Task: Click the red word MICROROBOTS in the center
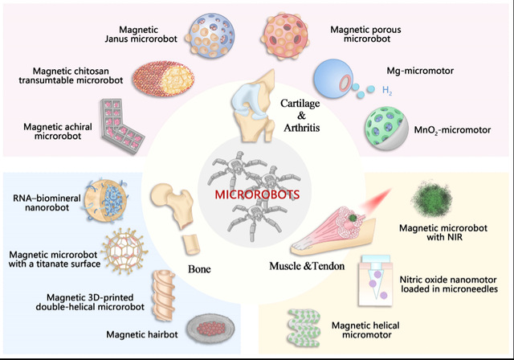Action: [257, 194]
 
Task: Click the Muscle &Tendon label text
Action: [304, 265]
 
